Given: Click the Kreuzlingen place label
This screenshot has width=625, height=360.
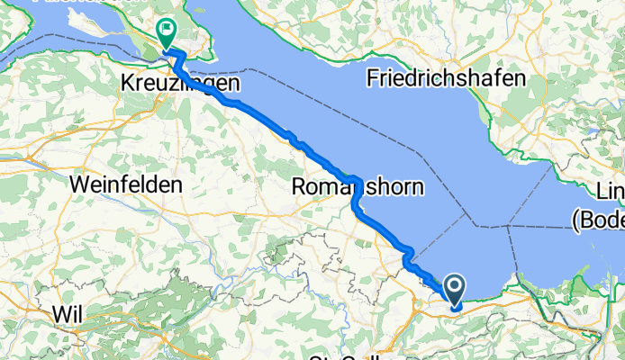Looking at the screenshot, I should [x=180, y=84].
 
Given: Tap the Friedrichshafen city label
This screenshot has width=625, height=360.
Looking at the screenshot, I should [x=446, y=78].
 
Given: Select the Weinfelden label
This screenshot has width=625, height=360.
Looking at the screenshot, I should [x=126, y=184].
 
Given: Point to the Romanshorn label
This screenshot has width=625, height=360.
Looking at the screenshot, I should [x=358, y=188].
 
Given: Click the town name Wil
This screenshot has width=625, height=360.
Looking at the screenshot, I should [x=68, y=315].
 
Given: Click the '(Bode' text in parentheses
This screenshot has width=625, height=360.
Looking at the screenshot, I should [x=598, y=219].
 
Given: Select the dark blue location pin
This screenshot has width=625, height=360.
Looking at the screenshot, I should [x=454, y=289].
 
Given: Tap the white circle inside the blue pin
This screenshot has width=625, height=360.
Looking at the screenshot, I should [x=454, y=285].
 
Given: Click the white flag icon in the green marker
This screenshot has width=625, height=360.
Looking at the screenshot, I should [x=168, y=30].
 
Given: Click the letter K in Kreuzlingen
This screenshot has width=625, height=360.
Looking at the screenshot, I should [x=127, y=84].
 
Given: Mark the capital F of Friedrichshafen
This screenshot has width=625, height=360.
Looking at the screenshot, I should [x=373, y=78].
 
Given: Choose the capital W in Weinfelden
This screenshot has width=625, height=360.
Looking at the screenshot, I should [x=78, y=184].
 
